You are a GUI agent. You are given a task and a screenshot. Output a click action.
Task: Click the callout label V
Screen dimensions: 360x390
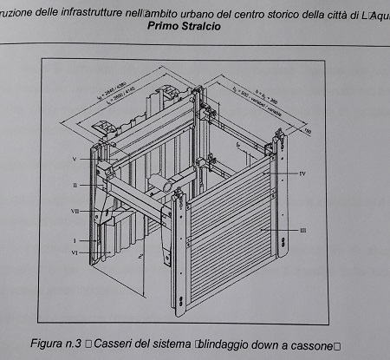(75, 160)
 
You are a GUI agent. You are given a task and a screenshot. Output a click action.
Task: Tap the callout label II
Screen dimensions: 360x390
(75, 185)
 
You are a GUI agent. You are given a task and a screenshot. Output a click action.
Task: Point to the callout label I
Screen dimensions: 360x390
(75, 238)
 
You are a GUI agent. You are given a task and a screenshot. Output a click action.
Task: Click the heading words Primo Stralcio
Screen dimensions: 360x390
(184, 26)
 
